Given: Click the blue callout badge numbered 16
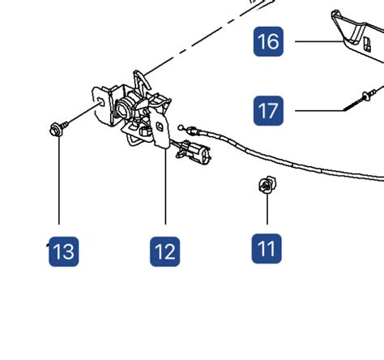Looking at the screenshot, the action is coord(268,41).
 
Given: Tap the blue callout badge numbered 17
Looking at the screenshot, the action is coord(268,110).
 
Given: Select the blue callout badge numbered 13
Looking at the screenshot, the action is coord(64,251).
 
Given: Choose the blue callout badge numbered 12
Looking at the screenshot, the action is coord(165,251).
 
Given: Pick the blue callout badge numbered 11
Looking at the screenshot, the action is coord(267,249).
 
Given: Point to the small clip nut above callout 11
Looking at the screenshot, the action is coord(267,185).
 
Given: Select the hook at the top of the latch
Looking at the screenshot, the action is coord(142,80).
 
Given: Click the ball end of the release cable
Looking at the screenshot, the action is coord(181,127).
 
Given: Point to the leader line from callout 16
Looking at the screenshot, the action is coord(319,41).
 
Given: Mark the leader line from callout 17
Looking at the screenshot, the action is coord(319,110).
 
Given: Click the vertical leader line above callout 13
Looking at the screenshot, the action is coord(59,180).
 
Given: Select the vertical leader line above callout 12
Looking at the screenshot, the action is coord(165,186).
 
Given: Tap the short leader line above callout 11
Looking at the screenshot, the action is coord(267,209).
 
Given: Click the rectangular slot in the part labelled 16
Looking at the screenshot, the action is coord(367,45).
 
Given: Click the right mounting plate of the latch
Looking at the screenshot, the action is coord(161,130).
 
